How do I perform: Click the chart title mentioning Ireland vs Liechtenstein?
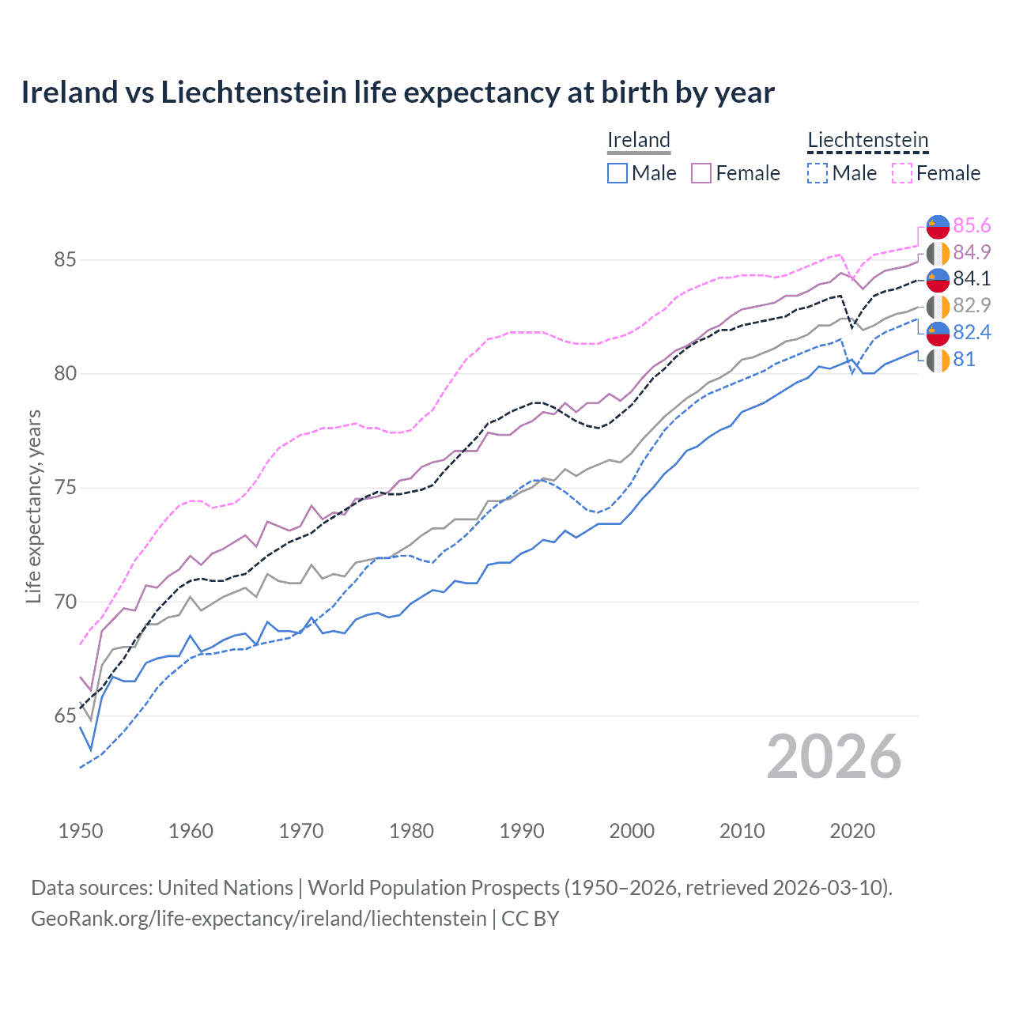[x=398, y=93]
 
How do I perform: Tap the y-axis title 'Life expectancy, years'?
[x=33, y=506]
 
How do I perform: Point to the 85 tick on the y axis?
[x=65, y=259]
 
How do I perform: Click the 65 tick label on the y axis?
[x=65, y=716]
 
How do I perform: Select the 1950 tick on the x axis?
[x=81, y=831]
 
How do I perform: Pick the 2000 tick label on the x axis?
[x=632, y=831]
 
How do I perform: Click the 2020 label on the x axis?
[x=852, y=831]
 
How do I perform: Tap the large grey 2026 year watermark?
[x=834, y=757]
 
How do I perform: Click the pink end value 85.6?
[x=972, y=226]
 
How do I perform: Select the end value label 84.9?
[x=972, y=252]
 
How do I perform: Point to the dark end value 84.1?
[x=972, y=278]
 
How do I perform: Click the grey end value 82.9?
[x=972, y=305]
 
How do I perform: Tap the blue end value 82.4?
[x=972, y=332]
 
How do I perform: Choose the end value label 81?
[x=964, y=359]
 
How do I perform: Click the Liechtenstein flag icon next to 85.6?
[x=938, y=226]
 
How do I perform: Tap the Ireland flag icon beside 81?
[x=938, y=360]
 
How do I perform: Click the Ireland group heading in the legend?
[x=639, y=140]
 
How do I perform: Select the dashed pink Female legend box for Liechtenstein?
[x=902, y=173]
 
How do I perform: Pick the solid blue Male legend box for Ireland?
[x=617, y=173]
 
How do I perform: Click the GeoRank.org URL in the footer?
[x=259, y=919]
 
